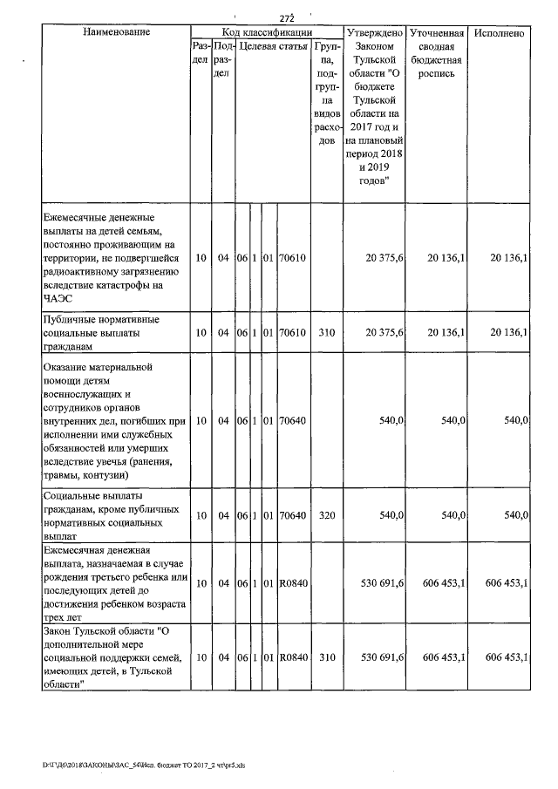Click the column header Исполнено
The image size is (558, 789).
[500, 32]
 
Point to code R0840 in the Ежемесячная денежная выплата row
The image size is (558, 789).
[293, 583]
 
